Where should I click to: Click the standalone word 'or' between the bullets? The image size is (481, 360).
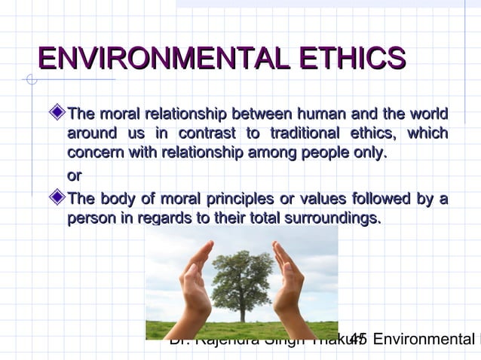point(74,175)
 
